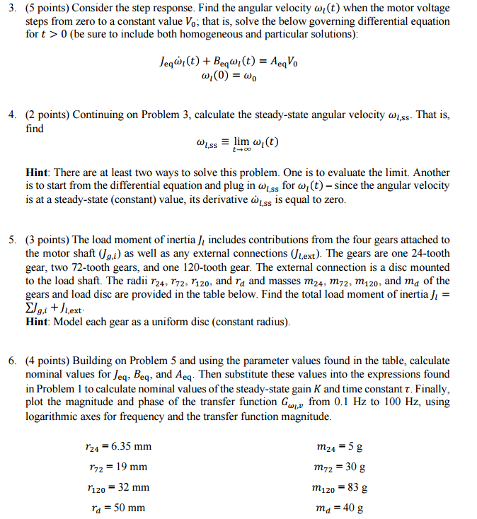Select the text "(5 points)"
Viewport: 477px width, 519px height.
(x=47, y=9)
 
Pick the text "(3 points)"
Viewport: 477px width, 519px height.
(x=47, y=240)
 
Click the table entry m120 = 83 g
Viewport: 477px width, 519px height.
(x=339, y=487)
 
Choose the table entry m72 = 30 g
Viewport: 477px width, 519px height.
(x=339, y=467)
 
